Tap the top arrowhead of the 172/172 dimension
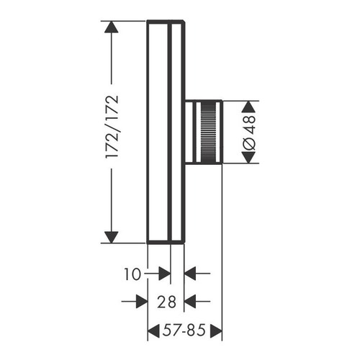coord(110,28)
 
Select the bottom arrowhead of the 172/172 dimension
coord(110,235)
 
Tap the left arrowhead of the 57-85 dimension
coord(153,331)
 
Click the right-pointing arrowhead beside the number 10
coord(164,274)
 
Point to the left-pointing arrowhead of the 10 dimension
coord(191,274)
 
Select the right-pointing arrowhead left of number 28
coord(142,301)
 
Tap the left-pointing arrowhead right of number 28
coord(191,301)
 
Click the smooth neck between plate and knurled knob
coord(192,132)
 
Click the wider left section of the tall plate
coord(158,132)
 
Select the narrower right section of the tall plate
coord(177,132)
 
